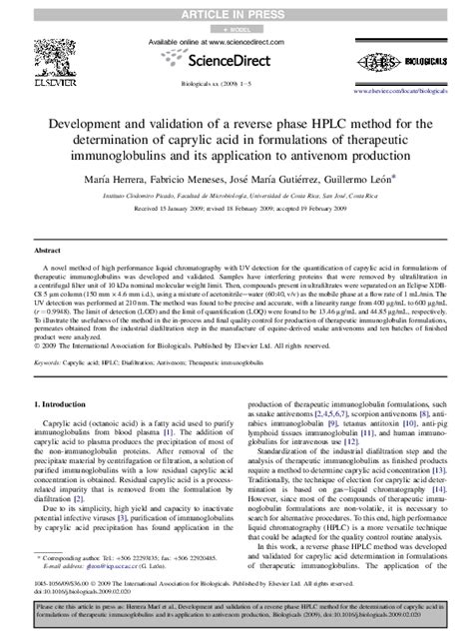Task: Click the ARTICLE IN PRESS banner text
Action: (236, 9)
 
